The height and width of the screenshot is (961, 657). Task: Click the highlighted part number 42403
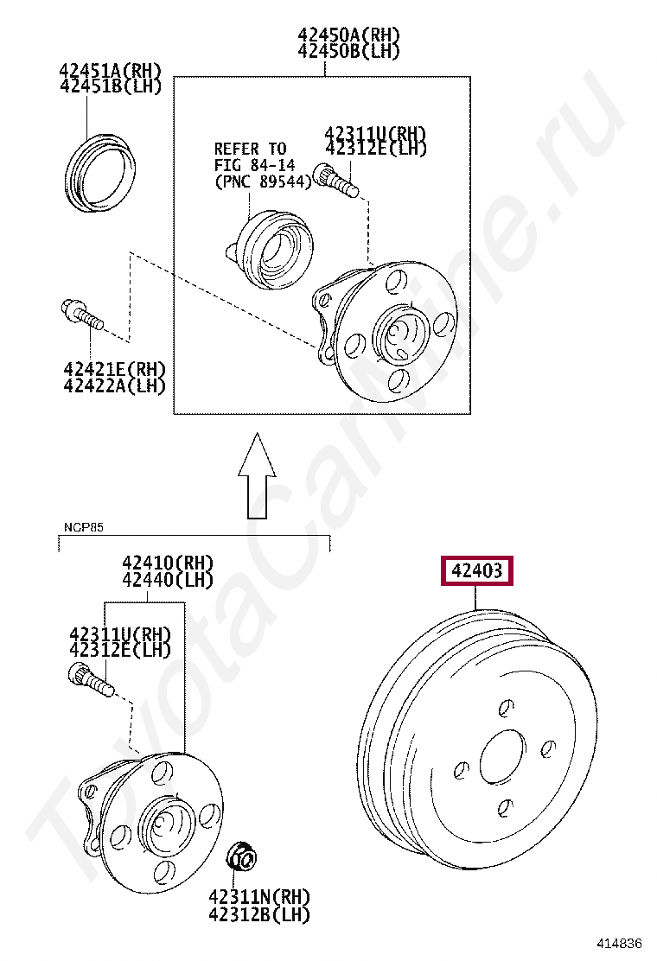(476, 570)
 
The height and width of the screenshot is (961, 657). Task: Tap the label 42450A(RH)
(348, 34)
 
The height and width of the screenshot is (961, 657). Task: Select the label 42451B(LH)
(111, 86)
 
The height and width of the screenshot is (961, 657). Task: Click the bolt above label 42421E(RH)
(82, 314)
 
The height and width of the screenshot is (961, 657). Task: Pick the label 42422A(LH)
(115, 385)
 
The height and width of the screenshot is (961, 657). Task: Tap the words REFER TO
(250, 149)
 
